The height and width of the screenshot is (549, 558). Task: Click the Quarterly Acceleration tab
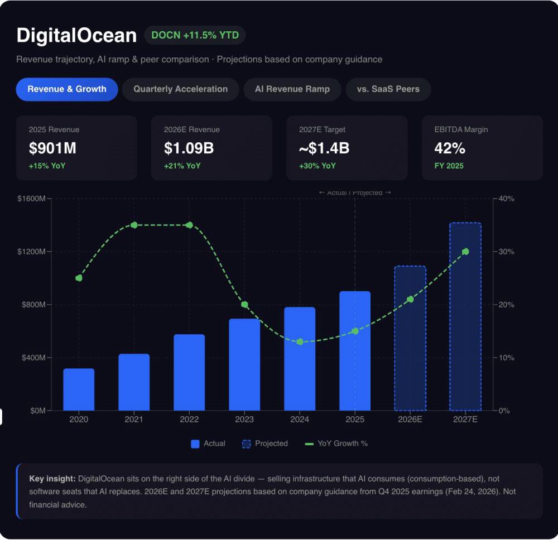click(180, 89)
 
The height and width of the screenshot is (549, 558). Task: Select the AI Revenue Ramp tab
click(292, 89)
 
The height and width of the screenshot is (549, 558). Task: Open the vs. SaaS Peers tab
click(388, 89)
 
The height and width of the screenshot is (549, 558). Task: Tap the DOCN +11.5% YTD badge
click(195, 36)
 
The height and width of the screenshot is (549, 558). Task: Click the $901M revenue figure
click(52, 148)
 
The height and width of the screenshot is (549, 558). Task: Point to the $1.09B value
click(189, 148)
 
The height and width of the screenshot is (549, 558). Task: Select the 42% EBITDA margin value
click(450, 148)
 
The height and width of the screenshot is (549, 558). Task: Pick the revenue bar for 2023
click(244, 365)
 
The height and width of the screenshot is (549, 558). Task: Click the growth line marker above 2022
click(189, 225)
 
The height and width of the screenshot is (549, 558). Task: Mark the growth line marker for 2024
click(300, 341)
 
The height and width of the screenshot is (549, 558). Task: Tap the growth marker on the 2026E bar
click(410, 300)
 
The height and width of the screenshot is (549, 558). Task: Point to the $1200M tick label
click(31, 252)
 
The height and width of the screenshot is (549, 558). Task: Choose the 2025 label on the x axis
click(355, 420)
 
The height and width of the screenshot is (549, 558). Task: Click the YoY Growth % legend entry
click(336, 444)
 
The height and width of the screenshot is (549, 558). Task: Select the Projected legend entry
click(265, 444)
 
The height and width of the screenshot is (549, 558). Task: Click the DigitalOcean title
click(76, 36)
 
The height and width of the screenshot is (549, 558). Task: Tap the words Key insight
click(52, 479)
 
